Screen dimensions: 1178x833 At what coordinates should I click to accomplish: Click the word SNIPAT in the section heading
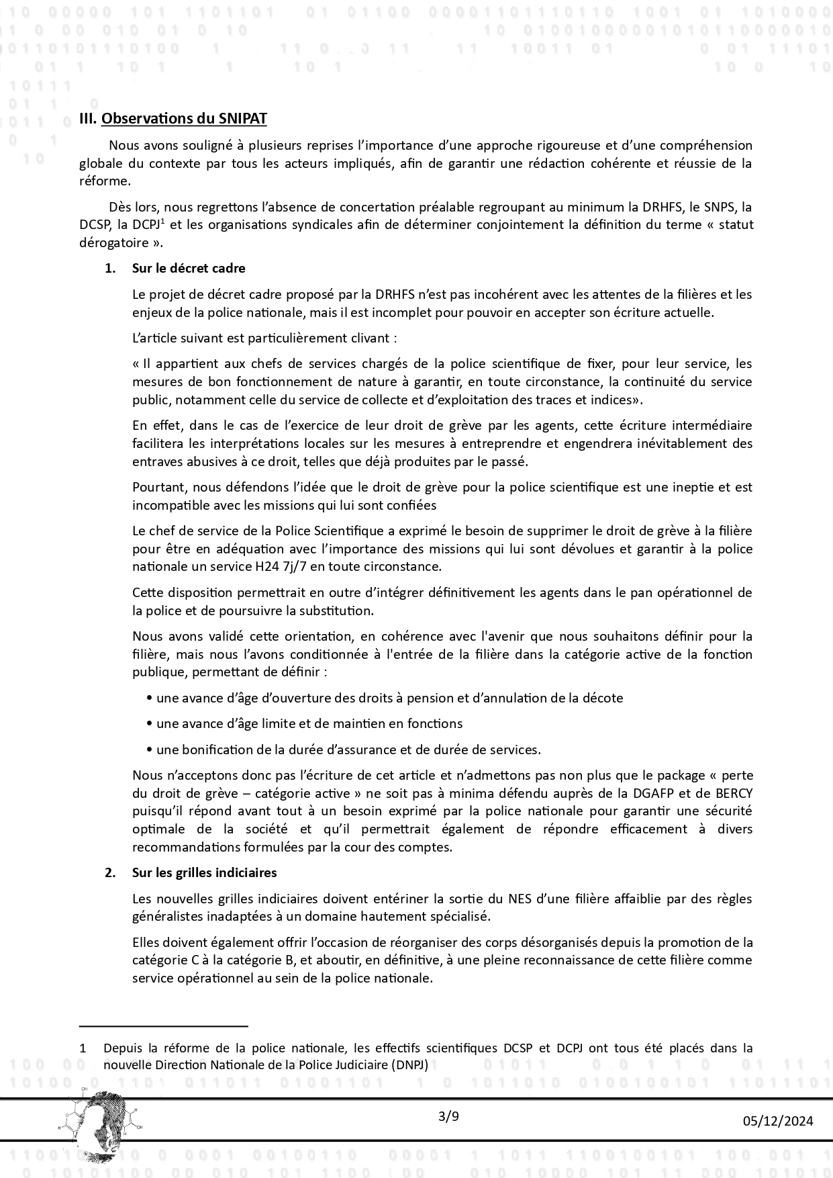tap(242, 119)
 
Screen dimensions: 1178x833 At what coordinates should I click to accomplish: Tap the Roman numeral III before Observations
tap(88, 119)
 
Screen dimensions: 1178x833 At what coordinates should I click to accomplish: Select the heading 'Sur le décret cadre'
tap(189, 269)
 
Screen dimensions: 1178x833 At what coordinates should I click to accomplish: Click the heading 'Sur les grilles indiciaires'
tap(204, 872)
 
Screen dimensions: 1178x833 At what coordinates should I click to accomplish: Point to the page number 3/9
tap(448, 1117)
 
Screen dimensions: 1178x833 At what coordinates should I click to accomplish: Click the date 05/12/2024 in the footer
tap(778, 1121)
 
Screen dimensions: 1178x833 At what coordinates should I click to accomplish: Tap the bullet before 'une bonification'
tap(148, 750)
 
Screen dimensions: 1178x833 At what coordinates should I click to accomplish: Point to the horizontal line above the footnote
tap(164, 1026)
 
